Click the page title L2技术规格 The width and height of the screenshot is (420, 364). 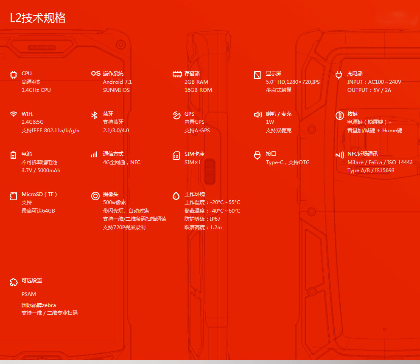[x=38, y=18]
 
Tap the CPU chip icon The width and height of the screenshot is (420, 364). [x=14, y=75]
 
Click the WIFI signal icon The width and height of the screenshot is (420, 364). [x=14, y=114]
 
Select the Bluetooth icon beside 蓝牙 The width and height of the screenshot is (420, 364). [x=94, y=115]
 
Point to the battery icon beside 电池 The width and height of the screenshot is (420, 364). [x=14, y=155]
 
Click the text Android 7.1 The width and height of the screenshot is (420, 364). [x=118, y=82]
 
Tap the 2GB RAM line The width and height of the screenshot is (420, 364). [x=196, y=82]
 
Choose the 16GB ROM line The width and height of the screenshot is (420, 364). [x=198, y=90]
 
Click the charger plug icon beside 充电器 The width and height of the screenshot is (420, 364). [x=339, y=75]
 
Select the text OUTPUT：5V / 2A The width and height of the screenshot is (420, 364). [x=369, y=90]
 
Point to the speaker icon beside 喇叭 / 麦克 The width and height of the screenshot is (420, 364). [x=258, y=115]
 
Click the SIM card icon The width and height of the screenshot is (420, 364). [x=176, y=156]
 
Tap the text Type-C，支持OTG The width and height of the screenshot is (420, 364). [x=288, y=162]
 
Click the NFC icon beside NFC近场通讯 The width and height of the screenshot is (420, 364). [x=339, y=155]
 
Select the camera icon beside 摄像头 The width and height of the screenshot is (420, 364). [x=95, y=196]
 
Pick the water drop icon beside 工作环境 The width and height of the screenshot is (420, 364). [x=176, y=196]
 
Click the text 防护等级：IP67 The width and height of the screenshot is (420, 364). [x=202, y=219]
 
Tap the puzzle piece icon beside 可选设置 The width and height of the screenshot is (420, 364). [x=14, y=282]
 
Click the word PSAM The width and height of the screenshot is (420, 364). [x=29, y=294]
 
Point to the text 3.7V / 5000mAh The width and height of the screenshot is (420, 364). [x=41, y=171]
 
